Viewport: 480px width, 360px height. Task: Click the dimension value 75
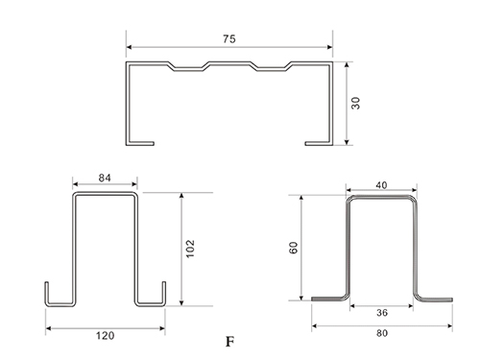[x=229, y=39]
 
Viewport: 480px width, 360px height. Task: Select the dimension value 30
[x=355, y=103]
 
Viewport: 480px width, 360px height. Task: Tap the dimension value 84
[x=105, y=178]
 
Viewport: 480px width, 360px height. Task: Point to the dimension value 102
[x=190, y=249]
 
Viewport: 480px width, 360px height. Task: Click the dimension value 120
[x=106, y=336]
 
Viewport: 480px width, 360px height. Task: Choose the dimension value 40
[x=381, y=185]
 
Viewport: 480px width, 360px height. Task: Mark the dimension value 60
[x=293, y=248]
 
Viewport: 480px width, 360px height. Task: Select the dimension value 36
[x=382, y=313]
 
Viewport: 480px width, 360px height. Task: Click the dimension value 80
[x=382, y=333]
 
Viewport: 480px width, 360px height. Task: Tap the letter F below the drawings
[x=229, y=342]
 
